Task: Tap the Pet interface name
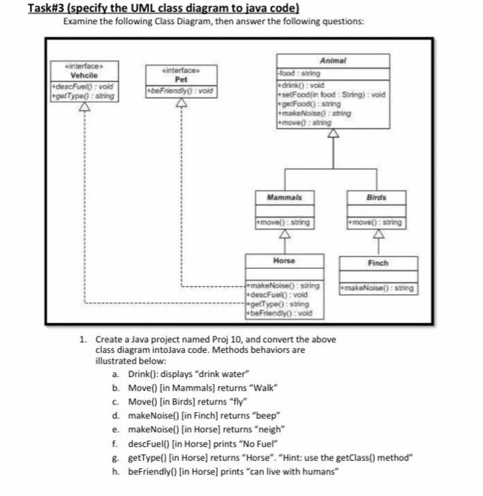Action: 179,79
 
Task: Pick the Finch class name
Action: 377,262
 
